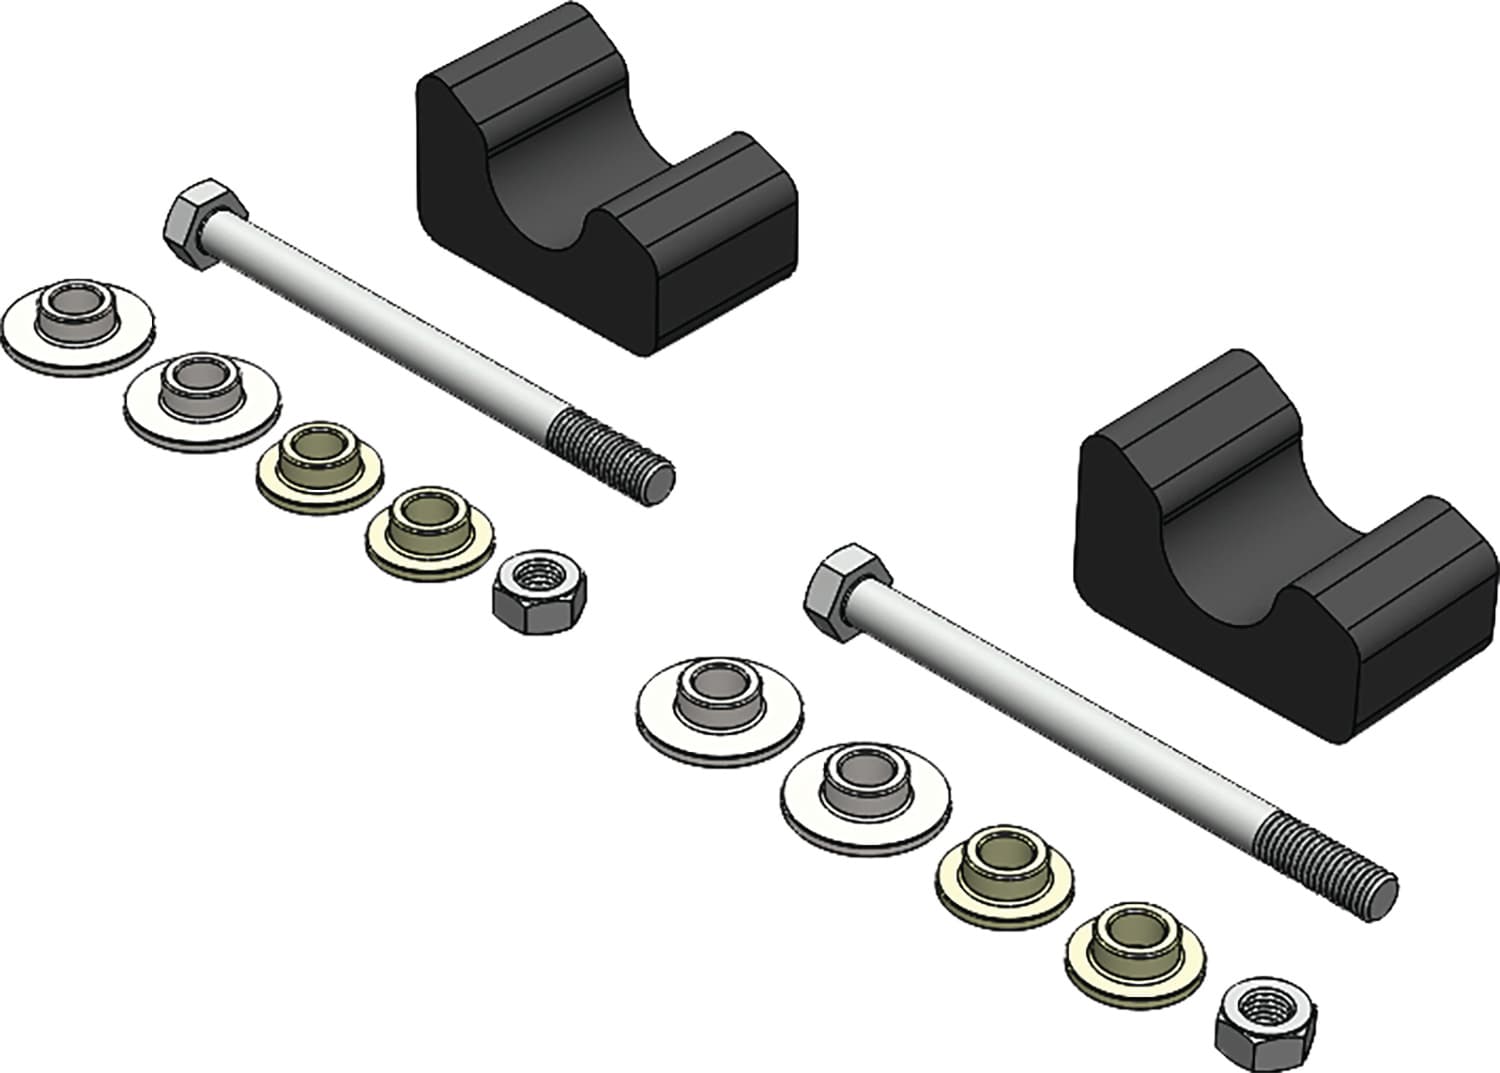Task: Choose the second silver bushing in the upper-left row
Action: [201, 398]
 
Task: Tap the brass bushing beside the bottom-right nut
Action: [1136, 948]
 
